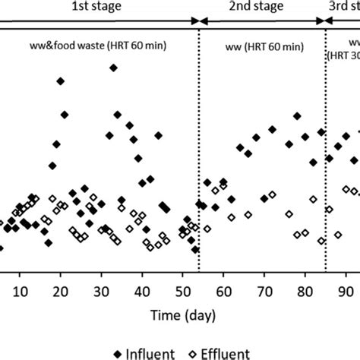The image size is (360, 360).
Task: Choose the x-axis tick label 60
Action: click(x=223, y=291)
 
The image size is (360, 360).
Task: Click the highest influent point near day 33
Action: click(x=113, y=89)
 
